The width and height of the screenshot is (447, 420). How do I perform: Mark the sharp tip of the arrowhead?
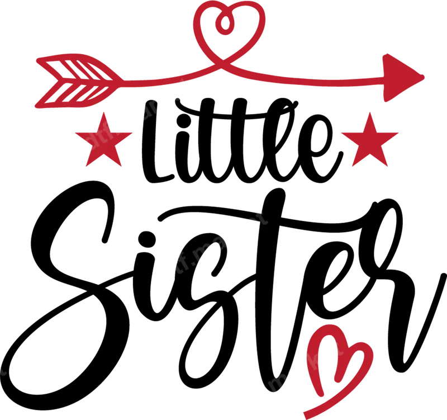point(426,77)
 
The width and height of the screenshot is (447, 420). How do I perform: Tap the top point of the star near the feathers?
point(103,114)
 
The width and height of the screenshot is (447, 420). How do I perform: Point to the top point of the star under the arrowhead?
point(369,112)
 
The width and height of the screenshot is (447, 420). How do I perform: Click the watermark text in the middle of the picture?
point(212,243)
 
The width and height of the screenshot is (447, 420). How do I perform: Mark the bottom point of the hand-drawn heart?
point(306,414)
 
